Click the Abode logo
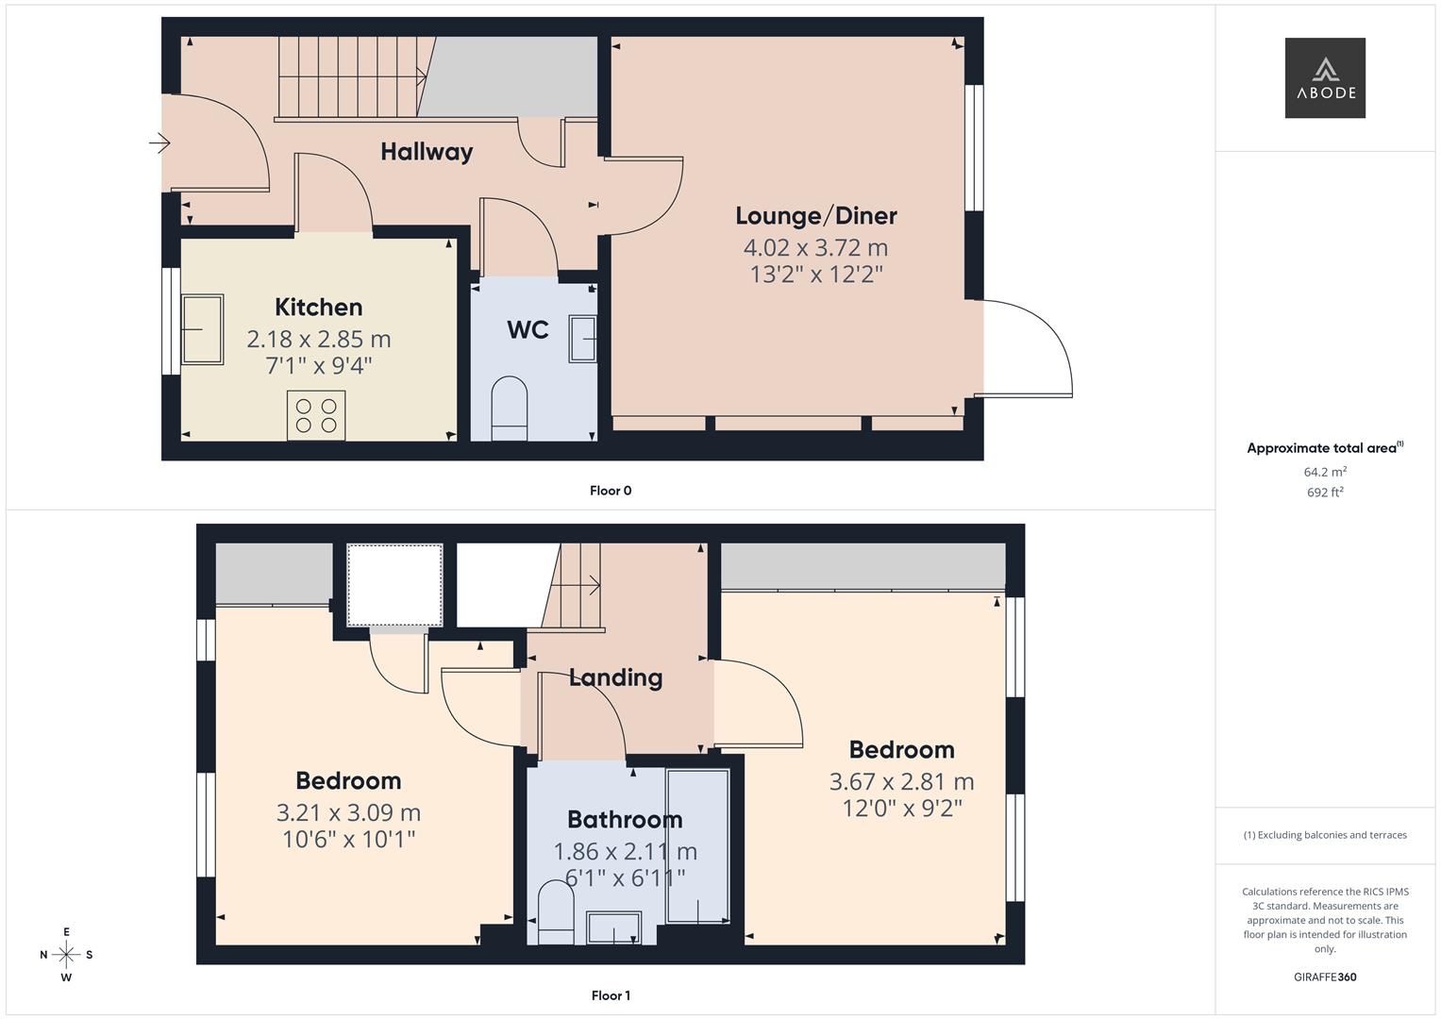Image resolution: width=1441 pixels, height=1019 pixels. (x=1325, y=77)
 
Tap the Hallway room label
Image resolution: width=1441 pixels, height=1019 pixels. (x=427, y=152)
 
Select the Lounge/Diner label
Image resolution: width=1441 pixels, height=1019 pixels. (x=816, y=216)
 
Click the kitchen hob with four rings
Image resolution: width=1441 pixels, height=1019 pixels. (x=316, y=416)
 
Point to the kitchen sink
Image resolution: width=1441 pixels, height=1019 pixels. (x=202, y=329)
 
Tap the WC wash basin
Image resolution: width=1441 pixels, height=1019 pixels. (x=582, y=339)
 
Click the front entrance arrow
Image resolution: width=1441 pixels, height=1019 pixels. (x=159, y=143)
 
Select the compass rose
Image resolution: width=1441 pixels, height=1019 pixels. (x=66, y=955)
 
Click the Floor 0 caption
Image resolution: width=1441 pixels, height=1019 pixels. (x=611, y=491)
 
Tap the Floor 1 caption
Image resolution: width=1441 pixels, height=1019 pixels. (x=611, y=995)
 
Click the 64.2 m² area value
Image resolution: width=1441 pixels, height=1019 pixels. (x=1325, y=472)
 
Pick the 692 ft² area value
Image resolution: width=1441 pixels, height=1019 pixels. (x=1325, y=493)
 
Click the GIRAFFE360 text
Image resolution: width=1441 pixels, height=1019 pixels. (x=1325, y=977)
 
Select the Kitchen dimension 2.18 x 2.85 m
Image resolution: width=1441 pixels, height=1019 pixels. (x=319, y=339)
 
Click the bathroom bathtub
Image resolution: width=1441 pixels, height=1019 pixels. (x=697, y=846)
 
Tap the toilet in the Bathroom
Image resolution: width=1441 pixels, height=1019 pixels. (x=556, y=911)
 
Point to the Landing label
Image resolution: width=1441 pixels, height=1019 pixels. (x=615, y=677)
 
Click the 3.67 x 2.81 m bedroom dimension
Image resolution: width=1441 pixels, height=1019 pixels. (x=901, y=781)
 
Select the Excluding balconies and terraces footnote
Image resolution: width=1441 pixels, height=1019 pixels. (x=1325, y=835)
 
